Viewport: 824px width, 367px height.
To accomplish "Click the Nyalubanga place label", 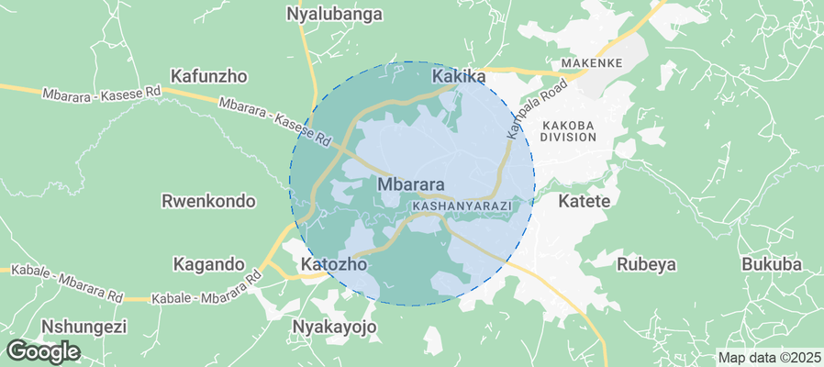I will coord(334,15).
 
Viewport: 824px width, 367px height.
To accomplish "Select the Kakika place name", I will coord(458,77).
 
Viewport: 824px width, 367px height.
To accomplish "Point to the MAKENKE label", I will coord(592,62).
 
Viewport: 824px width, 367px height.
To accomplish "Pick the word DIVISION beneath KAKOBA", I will coord(569,137).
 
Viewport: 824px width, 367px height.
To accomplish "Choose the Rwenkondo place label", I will coord(208,201).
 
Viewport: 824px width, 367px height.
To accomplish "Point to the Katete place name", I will coord(585,200).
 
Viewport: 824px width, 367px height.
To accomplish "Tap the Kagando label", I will coord(208,264).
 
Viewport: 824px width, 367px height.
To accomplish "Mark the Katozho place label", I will coord(334,264).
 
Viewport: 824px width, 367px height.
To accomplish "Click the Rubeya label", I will coord(646,264).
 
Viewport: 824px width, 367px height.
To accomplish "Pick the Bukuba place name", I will coord(771,264).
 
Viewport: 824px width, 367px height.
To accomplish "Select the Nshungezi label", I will coord(84,327).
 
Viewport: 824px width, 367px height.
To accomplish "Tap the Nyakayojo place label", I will coord(334,327).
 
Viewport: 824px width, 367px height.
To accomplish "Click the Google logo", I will coord(42,351).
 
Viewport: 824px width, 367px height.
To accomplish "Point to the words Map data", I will coord(748,358).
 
